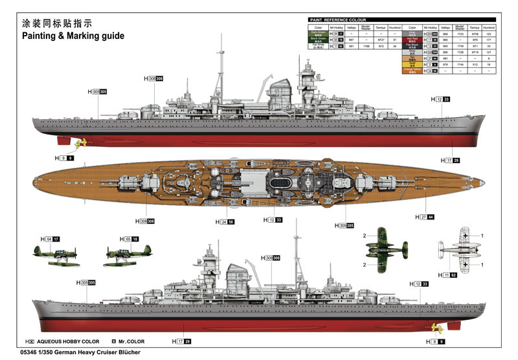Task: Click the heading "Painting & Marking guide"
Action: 73,36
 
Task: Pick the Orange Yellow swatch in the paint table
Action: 412,70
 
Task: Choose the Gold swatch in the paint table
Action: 412,64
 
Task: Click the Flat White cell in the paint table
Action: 318,47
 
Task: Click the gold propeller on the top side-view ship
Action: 80,144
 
